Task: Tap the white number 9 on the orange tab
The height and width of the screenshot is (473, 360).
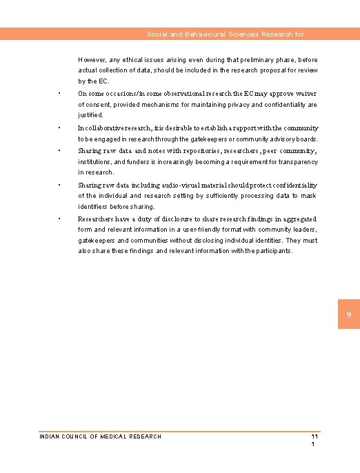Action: coord(348,314)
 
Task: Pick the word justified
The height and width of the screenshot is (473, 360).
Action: coord(90,115)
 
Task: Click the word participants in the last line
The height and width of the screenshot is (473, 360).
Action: coord(273,251)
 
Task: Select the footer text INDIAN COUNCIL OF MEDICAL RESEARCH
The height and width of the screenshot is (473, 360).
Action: coord(101,436)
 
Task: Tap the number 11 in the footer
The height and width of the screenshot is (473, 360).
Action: coord(314,437)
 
